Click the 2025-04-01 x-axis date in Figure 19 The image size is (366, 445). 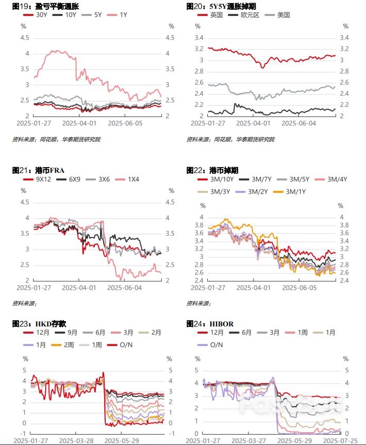point(79,124)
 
